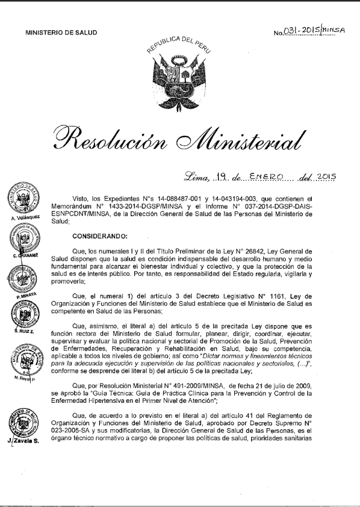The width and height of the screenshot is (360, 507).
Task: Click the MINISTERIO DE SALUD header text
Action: click(x=61, y=33)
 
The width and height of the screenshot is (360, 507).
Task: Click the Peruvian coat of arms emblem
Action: click(x=179, y=72)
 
